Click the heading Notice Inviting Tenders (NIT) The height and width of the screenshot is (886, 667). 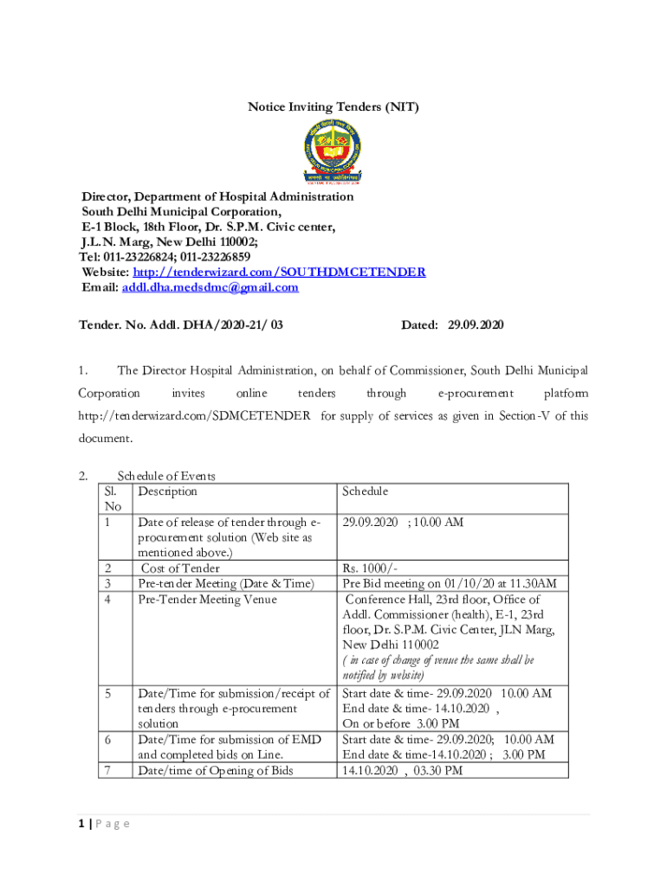pos(333,107)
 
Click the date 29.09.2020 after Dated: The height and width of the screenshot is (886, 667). pos(476,324)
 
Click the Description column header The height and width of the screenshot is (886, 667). pos(168,491)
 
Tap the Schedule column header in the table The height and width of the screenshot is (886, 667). pos(365,491)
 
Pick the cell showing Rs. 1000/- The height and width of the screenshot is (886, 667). pos(370,568)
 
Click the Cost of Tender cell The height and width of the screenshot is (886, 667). pos(180,568)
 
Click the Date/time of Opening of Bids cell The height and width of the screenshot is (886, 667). pos(228,770)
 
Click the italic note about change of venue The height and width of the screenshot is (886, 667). pos(438,667)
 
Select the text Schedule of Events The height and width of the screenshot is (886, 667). pos(166,476)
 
